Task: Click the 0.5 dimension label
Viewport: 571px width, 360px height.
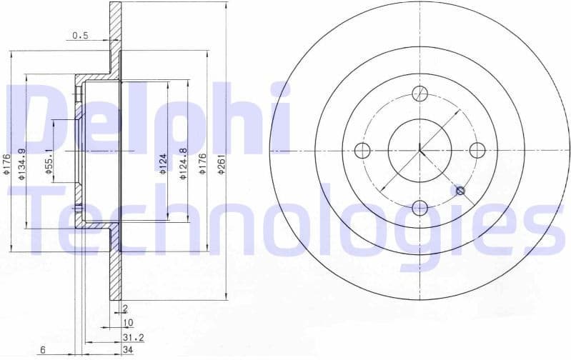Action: tap(79, 35)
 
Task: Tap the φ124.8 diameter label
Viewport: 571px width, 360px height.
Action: tap(184, 164)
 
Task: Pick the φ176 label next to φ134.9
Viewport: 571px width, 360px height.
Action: tap(6, 165)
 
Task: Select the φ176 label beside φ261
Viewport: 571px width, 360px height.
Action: tap(203, 165)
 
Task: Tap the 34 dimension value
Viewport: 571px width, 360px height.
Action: tap(127, 349)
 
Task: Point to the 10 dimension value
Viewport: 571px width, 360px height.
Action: tap(128, 322)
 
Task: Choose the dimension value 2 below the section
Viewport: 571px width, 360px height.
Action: tap(124, 309)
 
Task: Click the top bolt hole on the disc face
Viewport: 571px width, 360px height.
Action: tap(419, 94)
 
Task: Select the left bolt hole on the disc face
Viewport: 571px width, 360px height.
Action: tap(362, 151)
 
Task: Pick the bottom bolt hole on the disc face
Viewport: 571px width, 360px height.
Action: tap(419, 208)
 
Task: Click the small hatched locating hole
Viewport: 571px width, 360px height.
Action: tap(460, 191)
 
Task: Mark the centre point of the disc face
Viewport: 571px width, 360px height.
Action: tap(419, 151)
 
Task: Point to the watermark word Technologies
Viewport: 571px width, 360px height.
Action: tap(286, 218)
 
